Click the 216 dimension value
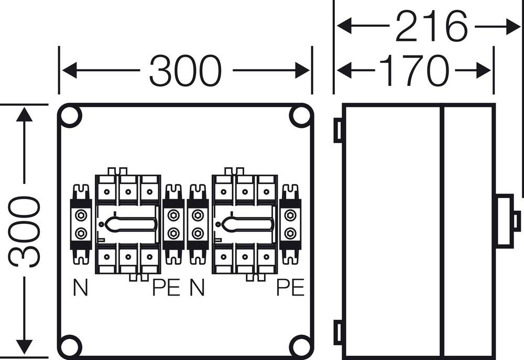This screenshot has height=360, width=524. (431, 27)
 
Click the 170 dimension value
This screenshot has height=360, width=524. (414, 70)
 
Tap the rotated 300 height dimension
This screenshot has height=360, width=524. (25, 231)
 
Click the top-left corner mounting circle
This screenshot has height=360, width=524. (71, 116)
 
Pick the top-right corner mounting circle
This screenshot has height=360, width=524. (300, 116)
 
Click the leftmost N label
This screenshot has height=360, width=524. (80, 288)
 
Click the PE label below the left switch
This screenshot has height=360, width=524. (166, 288)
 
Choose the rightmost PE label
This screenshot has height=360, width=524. (290, 288)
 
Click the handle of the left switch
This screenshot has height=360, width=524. (130, 224)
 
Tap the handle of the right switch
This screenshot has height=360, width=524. (247, 224)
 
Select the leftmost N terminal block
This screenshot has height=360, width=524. (81, 224)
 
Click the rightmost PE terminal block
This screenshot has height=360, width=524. (290, 224)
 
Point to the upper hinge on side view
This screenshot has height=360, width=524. (338, 130)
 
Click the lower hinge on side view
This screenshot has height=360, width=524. (338, 333)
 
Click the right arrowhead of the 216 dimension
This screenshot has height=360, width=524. (512, 27)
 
